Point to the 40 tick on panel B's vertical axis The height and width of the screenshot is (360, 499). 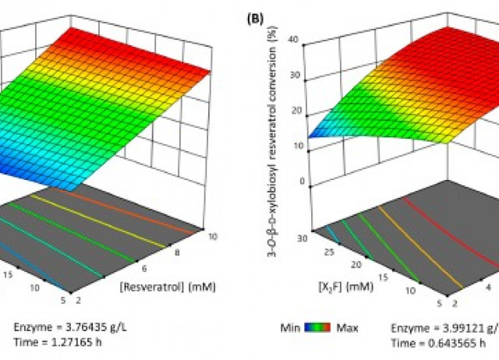pos(293,39)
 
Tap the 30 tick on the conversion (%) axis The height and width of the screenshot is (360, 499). pos(293,76)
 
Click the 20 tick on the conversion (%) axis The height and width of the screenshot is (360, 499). pos(293,111)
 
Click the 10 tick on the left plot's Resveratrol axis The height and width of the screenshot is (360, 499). pos(203,232)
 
